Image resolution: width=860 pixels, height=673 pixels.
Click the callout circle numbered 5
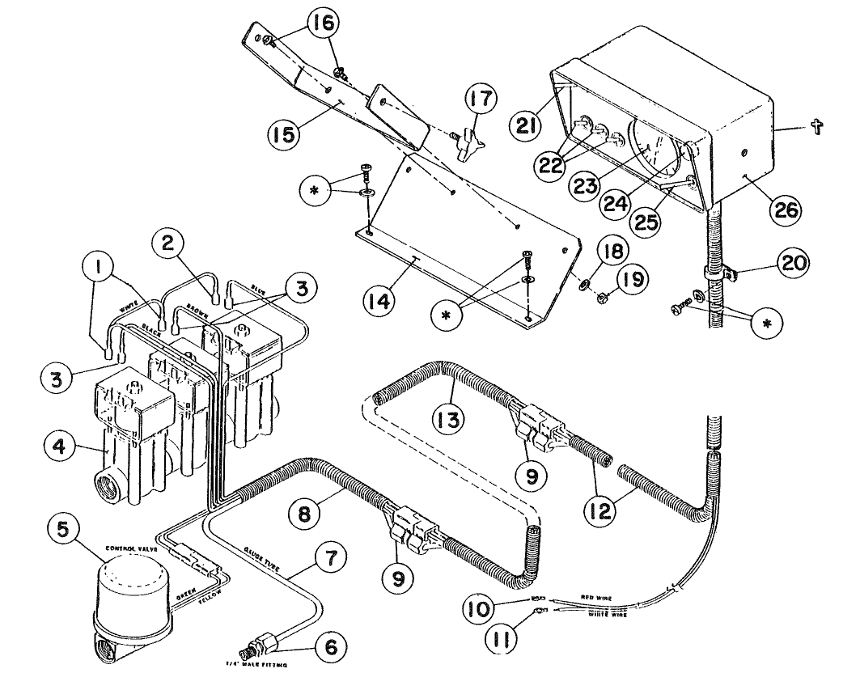pos(62,532)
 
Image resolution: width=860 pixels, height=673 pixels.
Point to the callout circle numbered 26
pos(783,210)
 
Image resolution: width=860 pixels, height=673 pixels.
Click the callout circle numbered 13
pos(447,420)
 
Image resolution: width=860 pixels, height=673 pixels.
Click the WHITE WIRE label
pos(604,615)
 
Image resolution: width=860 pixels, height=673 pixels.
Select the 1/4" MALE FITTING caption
pos(254,664)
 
